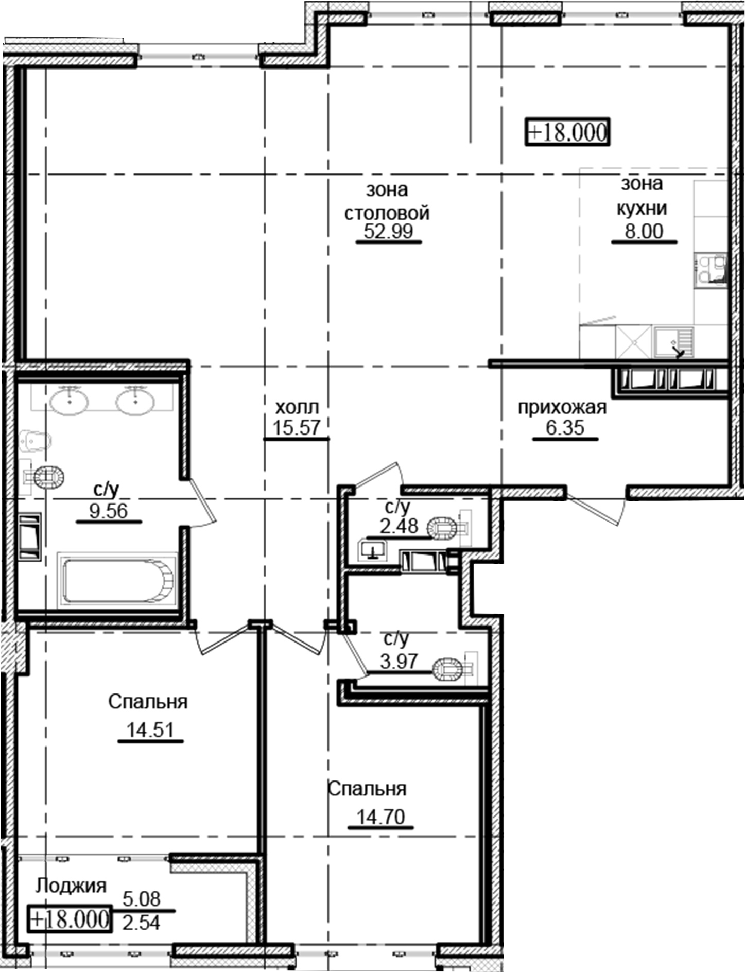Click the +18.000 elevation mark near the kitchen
tap(567, 132)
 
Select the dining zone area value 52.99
tap(388, 231)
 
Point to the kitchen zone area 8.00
tap(644, 231)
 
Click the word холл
tap(297, 408)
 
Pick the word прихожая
tap(562, 408)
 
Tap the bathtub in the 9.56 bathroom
tap(118, 580)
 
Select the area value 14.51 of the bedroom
tap(150, 730)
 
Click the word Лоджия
tap(71, 886)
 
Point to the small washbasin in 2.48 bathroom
tap(373, 550)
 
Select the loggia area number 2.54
tap(141, 923)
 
